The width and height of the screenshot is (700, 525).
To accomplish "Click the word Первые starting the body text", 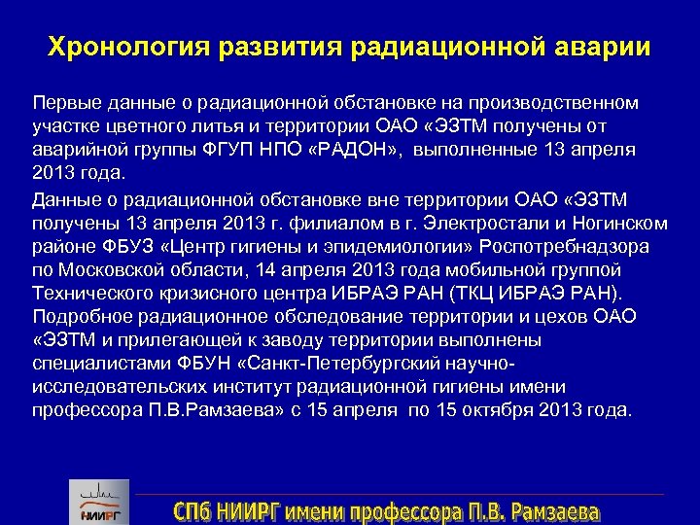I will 63,102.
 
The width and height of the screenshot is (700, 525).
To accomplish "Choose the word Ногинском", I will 618,223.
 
